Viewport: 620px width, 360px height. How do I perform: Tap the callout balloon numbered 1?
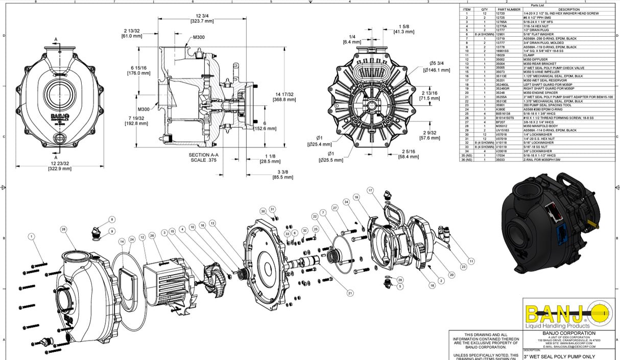tap(32, 236)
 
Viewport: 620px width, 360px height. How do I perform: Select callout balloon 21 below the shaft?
tap(350, 293)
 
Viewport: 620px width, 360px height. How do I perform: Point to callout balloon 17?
tap(370, 190)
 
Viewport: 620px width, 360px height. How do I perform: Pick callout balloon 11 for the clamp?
tap(471, 261)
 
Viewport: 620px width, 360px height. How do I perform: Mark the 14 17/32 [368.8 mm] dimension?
tap(284, 97)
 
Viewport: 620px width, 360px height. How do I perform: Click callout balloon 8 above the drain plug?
tap(112, 220)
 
